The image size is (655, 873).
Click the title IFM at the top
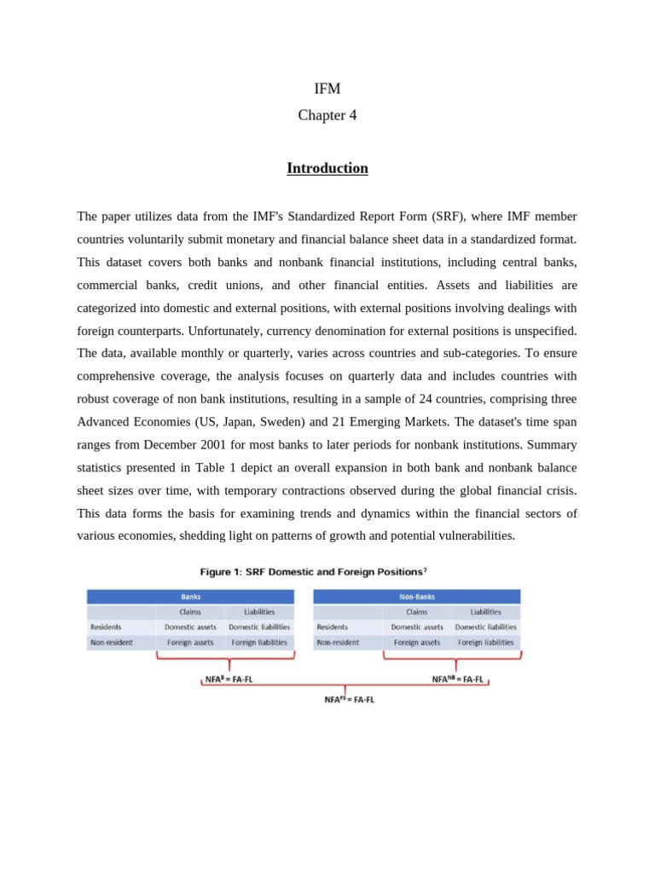(x=327, y=89)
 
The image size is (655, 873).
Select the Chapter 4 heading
(x=327, y=115)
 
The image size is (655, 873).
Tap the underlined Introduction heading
(x=327, y=168)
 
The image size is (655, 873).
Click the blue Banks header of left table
(x=190, y=597)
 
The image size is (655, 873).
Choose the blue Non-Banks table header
(x=416, y=597)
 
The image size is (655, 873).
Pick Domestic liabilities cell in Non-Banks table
(x=485, y=627)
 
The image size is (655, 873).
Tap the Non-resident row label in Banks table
(x=112, y=642)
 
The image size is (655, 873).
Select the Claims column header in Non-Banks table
(x=416, y=611)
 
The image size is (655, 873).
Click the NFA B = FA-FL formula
(x=229, y=679)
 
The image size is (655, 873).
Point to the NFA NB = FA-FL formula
(x=457, y=679)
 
